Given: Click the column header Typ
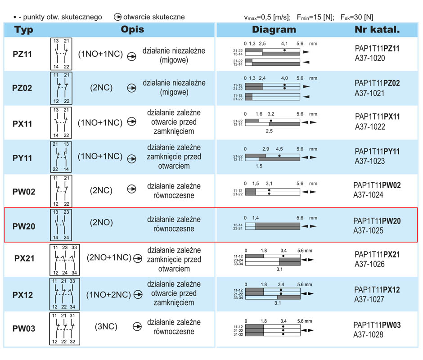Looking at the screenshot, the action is (24, 30).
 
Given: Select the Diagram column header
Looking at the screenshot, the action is (274, 29).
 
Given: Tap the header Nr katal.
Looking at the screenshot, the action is (377, 29).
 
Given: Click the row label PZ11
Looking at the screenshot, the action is (22, 54).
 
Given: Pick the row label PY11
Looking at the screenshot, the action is (22, 158).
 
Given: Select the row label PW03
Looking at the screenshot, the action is (24, 328).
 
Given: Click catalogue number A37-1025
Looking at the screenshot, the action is (368, 231).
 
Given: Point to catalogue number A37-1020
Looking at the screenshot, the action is (370, 58).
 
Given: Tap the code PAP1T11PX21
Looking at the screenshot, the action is (377, 255).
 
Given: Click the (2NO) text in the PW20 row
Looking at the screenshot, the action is (101, 222).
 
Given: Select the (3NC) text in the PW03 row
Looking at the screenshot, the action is (106, 327).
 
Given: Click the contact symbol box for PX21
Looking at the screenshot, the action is (65, 260).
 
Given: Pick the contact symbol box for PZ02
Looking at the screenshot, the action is (61, 88).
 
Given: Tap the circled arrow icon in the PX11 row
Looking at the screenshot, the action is (132, 121).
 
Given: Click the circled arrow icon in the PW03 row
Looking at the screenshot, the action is (137, 327).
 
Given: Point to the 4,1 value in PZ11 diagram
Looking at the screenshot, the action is (284, 44).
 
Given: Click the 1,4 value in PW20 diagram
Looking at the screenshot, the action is (256, 218).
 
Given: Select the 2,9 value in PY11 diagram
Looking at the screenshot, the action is (265, 149).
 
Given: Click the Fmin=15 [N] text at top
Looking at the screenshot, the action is (315, 17).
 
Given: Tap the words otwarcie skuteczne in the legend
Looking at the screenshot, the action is (154, 17).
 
